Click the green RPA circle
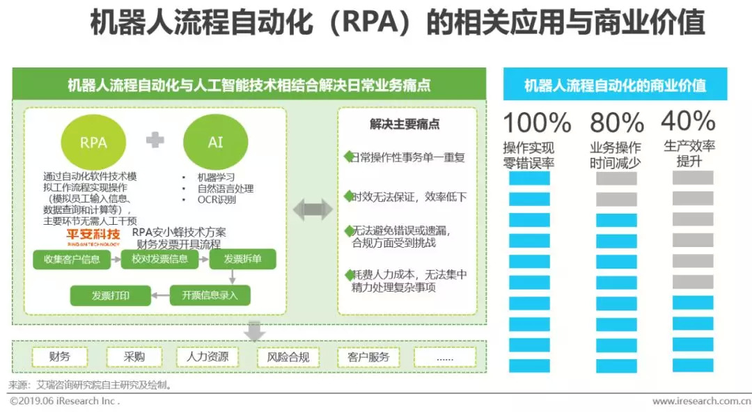point(93,143)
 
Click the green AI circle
point(215,143)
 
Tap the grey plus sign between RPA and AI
point(155,140)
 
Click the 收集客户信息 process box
point(72,260)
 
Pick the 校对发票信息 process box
point(155,260)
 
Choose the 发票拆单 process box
point(242,260)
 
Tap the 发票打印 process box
point(111,295)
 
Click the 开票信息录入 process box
point(210,295)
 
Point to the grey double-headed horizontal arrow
point(312,209)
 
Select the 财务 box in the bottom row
point(60,357)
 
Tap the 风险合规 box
point(288,358)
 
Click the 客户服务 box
point(368,358)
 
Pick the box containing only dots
point(445,358)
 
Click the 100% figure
point(537,123)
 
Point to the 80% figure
point(616,123)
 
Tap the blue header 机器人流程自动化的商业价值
point(615,86)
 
